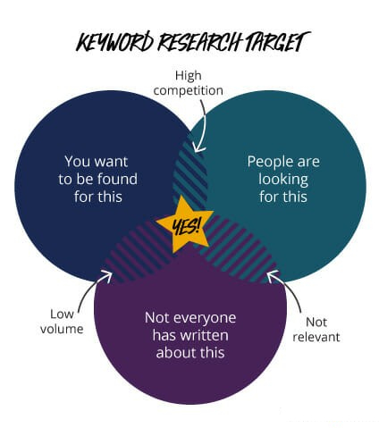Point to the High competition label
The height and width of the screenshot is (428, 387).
188,83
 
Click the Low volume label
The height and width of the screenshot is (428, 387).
62,322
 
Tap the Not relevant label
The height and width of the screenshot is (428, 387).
316,330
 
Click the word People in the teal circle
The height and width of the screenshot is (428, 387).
267,162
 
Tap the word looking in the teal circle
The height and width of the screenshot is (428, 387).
283,180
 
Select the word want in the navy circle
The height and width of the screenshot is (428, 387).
111,162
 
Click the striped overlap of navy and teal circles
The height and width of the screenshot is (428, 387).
190,176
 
